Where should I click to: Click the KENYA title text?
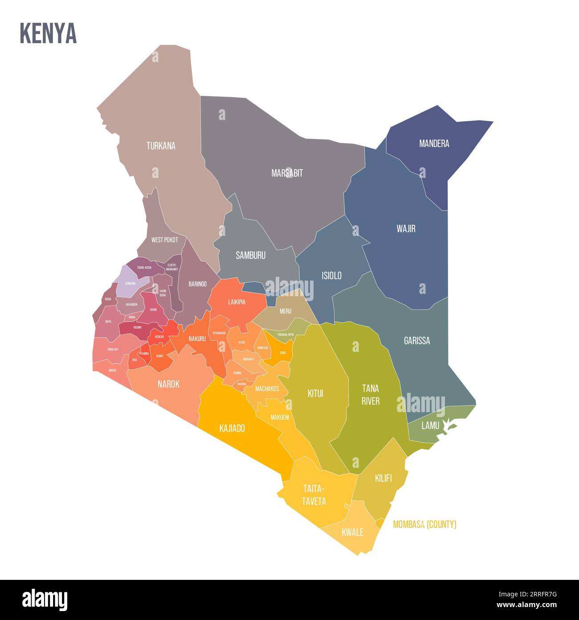[x=48, y=33]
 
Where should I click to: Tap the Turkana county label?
[x=161, y=146]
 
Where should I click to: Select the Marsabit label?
[x=287, y=173]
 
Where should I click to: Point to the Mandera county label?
[x=434, y=144]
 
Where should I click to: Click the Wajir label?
[x=406, y=229]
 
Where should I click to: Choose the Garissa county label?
[x=417, y=341]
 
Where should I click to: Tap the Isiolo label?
[x=331, y=276]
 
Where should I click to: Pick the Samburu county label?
[x=250, y=256]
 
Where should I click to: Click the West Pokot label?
[x=164, y=240]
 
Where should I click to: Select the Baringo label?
[x=197, y=284]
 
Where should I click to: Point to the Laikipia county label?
[x=236, y=302]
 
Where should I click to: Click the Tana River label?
[x=370, y=395]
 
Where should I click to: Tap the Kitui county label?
[x=315, y=393]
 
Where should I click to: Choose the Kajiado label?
[x=232, y=429]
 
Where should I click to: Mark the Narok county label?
[x=168, y=384]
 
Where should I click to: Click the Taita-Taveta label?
[x=314, y=494]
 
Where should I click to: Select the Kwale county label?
[x=352, y=532]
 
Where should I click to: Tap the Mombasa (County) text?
[x=424, y=525]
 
